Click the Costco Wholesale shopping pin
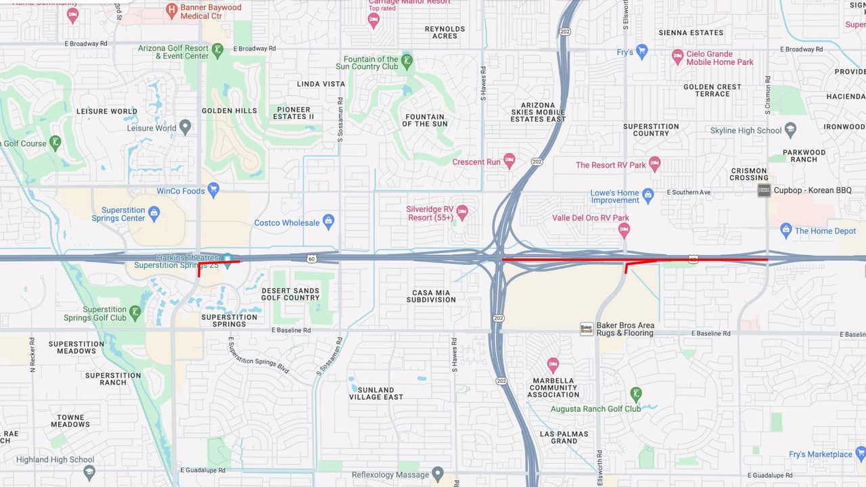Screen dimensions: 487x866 tap(328, 221)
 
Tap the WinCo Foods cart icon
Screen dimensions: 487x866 tap(214, 189)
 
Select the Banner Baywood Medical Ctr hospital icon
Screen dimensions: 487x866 tap(172, 9)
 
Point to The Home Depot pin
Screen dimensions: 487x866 tap(785, 230)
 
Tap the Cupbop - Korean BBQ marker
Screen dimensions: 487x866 tap(764, 190)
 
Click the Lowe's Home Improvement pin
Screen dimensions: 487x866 tap(648, 195)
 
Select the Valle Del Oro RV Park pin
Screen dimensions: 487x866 tap(624, 230)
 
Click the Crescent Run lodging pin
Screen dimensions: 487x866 tap(509, 160)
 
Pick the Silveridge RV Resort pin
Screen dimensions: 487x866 tap(462, 212)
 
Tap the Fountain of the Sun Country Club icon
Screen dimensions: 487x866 tap(407, 61)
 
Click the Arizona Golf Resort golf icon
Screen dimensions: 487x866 tap(217, 50)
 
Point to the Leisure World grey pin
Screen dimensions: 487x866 tap(185, 126)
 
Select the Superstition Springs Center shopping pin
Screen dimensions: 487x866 tap(154, 213)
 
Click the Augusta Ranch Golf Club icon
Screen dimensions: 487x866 tap(635, 394)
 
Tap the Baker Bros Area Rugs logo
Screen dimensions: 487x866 tap(587, 329)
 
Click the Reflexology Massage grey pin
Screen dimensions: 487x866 tap(438, 473)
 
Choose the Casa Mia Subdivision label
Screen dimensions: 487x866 tap(433, 296)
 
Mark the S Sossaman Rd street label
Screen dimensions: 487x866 tap(340, 119)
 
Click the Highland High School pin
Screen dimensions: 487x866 tap(89, 471)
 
